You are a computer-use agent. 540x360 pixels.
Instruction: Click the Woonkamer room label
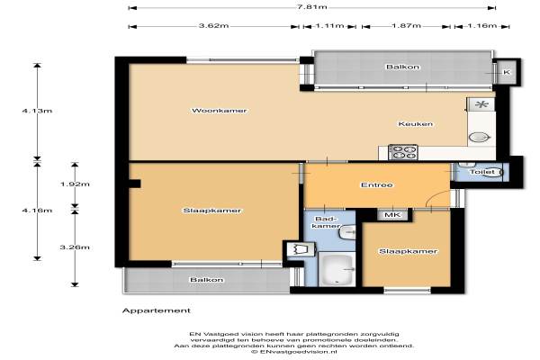(x=219, y=111)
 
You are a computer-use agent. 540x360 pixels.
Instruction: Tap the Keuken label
(x=415, y=123)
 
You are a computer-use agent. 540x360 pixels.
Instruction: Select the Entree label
(x=377, y=185)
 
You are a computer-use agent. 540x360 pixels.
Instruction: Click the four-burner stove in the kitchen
(x=403, y=152)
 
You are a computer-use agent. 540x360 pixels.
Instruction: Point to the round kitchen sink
(x=480, y=138)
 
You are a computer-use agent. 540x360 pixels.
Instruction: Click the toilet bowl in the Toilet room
(x=493, y=172)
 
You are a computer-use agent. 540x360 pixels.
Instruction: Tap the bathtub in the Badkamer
(x=336, y=269)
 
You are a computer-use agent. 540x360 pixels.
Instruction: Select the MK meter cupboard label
(x=392, y=215)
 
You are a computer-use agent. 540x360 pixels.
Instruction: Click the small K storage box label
(x=507, y=72)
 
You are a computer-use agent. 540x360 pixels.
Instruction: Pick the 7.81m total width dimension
(x=312, y=7)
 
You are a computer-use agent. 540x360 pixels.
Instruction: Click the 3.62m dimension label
(x=214, y=26)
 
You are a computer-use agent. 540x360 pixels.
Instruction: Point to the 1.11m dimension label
(x=329, y=26)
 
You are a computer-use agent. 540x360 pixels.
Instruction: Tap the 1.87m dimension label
(x=407, y=26)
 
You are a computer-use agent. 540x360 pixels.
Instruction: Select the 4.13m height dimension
(x=37, y=111)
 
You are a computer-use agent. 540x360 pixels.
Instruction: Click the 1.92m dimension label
(x=75, y=184)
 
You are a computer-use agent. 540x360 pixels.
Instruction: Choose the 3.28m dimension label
(x=75, y=247)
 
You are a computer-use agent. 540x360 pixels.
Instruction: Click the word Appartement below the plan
(x=157, y=310)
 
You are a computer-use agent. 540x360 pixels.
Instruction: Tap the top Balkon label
(x=402, y=67)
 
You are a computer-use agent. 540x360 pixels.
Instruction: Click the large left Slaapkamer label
(x=211, y=211)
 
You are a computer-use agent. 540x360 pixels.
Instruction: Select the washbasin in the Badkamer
(x=347, y=232)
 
